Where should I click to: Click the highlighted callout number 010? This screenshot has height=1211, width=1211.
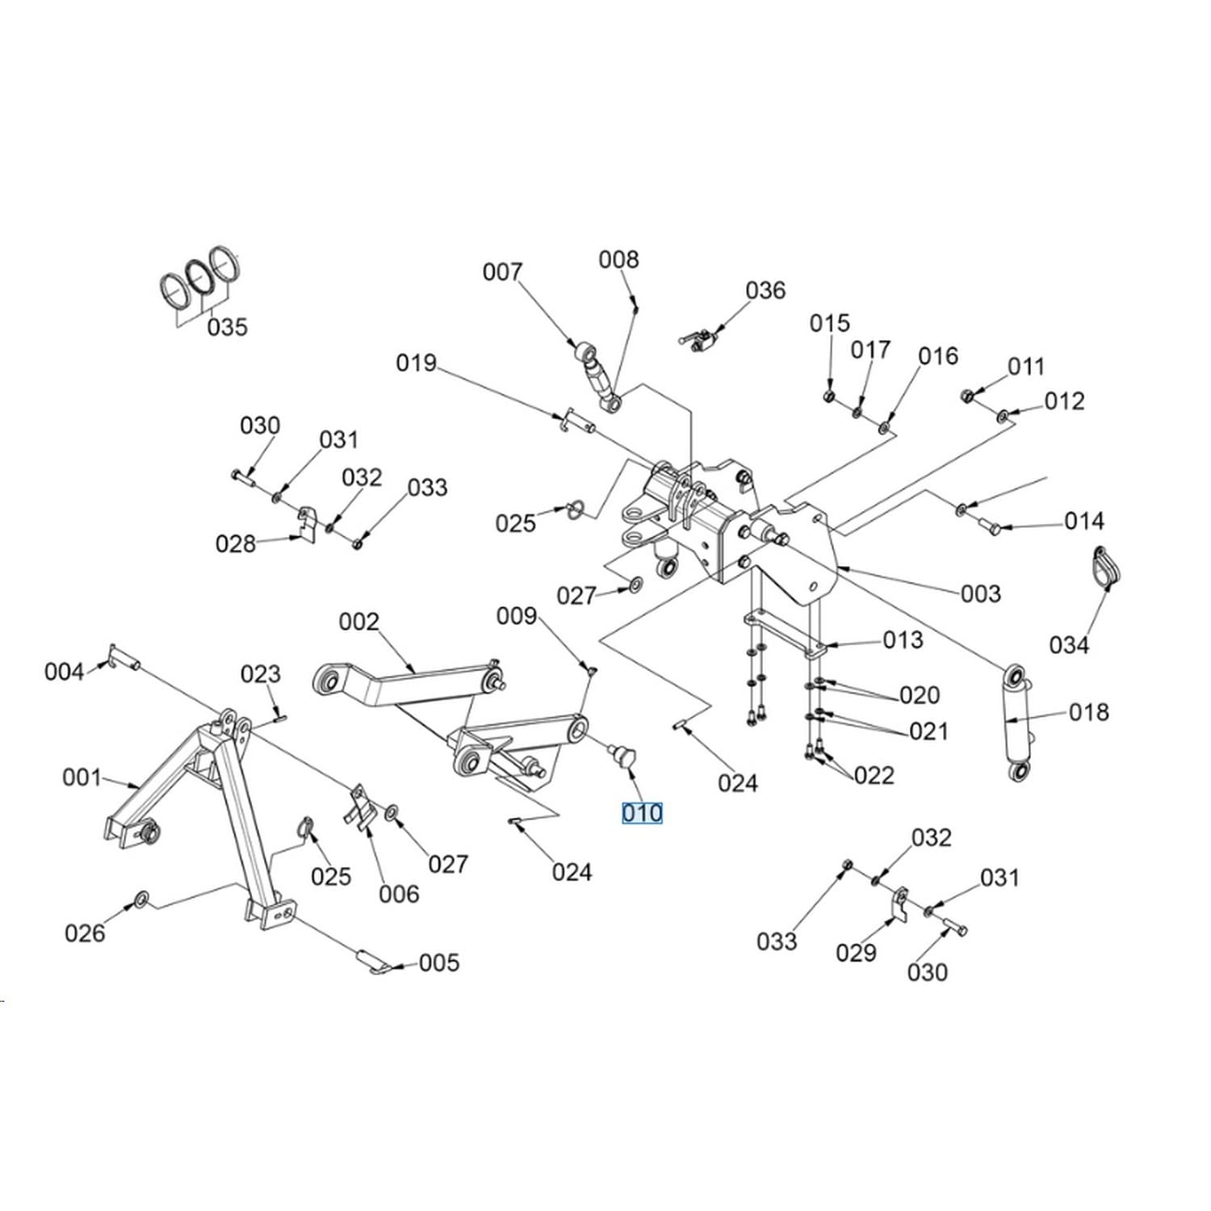point(642,813)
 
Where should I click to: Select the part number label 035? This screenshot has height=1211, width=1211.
point(227,328)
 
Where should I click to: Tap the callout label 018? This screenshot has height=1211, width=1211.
point(1089,712)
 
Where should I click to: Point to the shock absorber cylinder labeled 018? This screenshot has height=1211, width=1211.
point(1017,723)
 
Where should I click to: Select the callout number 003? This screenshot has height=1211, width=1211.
point(981,594)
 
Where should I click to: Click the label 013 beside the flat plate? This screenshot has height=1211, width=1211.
point(903,640)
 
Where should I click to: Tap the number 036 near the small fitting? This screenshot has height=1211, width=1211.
point(765,291)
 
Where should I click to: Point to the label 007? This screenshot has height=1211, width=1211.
point(502,273)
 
